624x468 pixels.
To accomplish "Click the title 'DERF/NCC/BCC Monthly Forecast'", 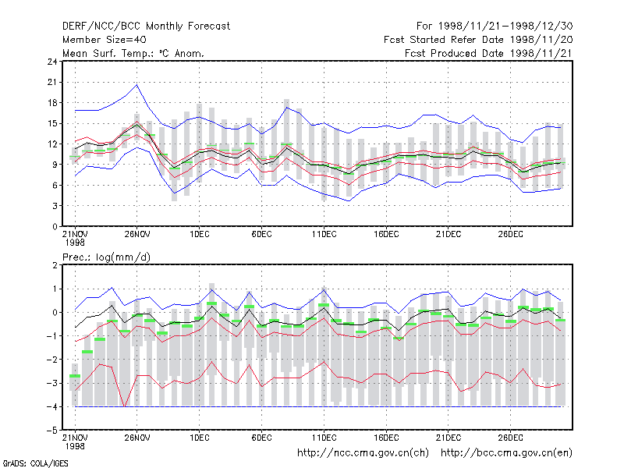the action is click(x=146, y=27).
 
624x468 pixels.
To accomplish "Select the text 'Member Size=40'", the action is click(x=105, y=40).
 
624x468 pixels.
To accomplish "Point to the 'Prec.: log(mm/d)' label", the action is click(x=106, y=257).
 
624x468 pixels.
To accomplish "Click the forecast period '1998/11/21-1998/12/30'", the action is click(x=505, y=27).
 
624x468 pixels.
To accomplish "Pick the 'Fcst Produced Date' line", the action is click(x=489, y=53).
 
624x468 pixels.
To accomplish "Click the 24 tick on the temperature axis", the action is click(x=52, y=62).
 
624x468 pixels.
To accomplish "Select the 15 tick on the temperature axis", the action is click(x=52, y=123).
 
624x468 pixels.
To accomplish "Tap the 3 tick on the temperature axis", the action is click(x=55, y=206).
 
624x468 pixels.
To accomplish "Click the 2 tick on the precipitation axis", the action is click(x=55, y=265).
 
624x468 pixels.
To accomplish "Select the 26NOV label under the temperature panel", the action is click(x=137, y=234).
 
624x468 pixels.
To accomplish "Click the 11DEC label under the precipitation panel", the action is click(x=324, y=438).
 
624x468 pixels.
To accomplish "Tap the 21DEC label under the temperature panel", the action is click(x=448, y=234).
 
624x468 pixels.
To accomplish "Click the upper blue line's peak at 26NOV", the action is click(x=137, y=85).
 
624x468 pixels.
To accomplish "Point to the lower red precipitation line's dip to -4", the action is click(x=125, y=406).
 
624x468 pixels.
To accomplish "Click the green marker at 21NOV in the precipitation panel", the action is click(x=75, y=376).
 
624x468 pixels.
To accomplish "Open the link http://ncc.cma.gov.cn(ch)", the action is click(x=363, y=453).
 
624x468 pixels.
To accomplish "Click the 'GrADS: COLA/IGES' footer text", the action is click(x=35, y=463).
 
